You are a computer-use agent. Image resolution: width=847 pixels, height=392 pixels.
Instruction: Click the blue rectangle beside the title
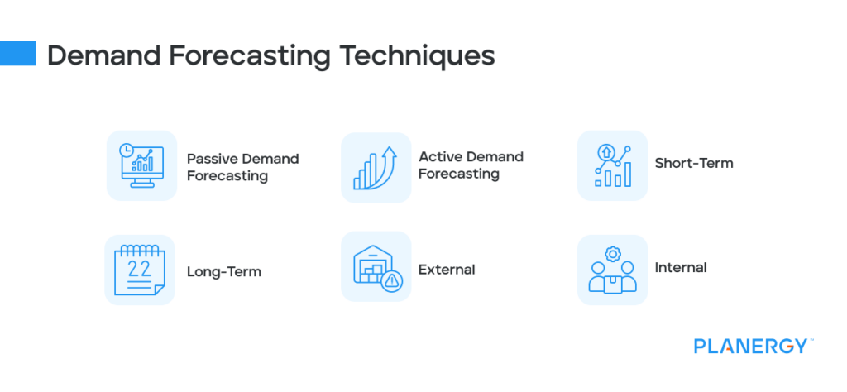tap(18, 53)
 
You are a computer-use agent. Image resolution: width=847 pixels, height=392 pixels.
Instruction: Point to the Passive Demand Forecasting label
tap(242, 167)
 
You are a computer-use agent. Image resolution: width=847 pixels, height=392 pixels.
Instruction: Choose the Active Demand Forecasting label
tap(471, 165)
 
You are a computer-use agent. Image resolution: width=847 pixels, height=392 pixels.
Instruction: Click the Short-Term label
tap(693, 163)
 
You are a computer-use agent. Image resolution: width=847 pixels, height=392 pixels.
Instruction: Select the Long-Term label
tap(223, 271)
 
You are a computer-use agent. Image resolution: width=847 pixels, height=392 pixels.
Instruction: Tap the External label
tap(447, 270)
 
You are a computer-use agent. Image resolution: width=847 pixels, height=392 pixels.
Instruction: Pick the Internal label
tap(680, 268)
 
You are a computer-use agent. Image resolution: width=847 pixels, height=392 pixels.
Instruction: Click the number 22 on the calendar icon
tap(138, 268)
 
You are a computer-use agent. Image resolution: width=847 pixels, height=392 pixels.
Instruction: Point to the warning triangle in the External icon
tap(391, 281)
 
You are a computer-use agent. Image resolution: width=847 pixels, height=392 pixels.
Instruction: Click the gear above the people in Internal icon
tap(612, 253)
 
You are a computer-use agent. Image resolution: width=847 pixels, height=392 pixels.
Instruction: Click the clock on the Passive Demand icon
tap(126, 151)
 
